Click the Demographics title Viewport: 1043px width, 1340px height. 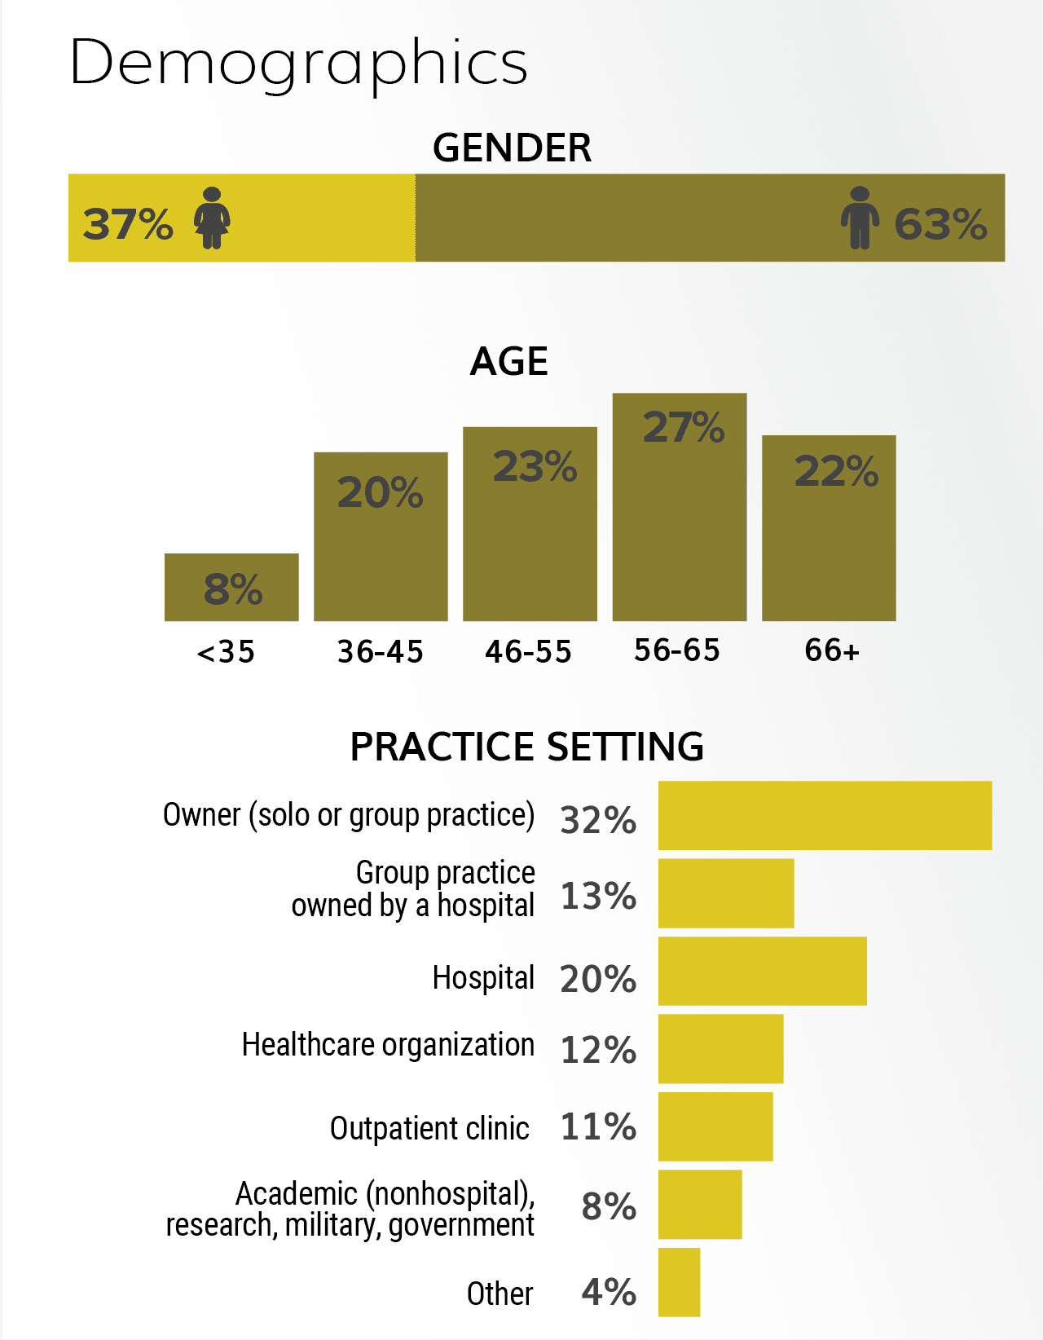pyautogui.click(x=299, y=64)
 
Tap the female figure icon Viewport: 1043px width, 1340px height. pyautogui.click(x=211, y=218)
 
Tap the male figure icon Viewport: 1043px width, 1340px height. pyautogui.click(x=860, y=218)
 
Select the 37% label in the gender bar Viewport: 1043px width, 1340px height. pyautogui.click(x=128, y=224)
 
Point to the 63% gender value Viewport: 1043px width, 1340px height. pyautogui.click(x=940, y=224)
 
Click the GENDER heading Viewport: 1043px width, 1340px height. pyautogui.click(x=513, y=148)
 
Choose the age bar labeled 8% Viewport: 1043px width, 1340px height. pyautogui.click(x=231, y=587)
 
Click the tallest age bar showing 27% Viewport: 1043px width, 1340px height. pyautogui.click(x=680, y=507)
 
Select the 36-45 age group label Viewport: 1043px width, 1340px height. pyautogui.click(x=381, y=652)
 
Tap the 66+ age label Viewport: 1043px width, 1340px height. pyautogui.click(x=832, y=650)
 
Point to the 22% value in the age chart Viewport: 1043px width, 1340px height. pyautogui.click(x=836, y=472)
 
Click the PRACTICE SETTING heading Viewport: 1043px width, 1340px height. pyautogui.click(x=527, y=747)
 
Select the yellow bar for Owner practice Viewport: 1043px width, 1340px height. pyautogui.click(x=825, y=815)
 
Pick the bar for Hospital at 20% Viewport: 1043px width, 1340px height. pyautogui.click(x=763, y=971)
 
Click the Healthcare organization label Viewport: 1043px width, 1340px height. pyautogui.click(x=389, y=1046)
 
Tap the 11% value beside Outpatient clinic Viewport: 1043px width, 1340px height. pyautogui.click(x=599, y=1126)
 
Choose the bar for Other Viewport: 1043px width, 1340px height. pyautogui.click(x=680, y=1282)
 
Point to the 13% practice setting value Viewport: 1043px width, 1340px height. pyautogui.click(x=599, y=896)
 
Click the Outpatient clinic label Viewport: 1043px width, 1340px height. pyautogui.click(x=429, y=1129)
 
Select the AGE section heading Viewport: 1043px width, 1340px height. pyautogui.click(x=509, y=361)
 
